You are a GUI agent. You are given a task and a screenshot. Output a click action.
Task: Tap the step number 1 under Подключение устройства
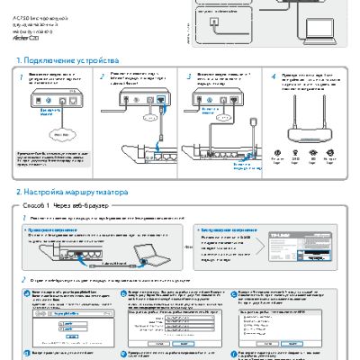click(x=22, y=77)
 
